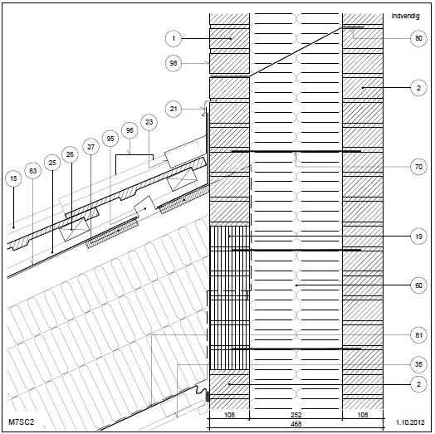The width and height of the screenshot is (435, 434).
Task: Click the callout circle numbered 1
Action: tap(174, 38)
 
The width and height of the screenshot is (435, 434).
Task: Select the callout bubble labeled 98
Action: tap(174, 63)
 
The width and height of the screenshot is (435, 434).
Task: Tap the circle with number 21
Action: tap(174, 109)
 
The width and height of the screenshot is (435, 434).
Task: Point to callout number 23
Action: tap(149, 122)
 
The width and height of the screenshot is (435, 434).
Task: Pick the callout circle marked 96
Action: tap(130, 130)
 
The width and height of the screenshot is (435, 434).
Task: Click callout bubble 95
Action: tap(110, 139)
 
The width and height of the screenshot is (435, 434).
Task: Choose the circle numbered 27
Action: tap(91, 147)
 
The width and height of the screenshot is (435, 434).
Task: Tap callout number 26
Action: tap(70, 154)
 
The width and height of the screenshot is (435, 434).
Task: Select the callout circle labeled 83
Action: tap(32, 171)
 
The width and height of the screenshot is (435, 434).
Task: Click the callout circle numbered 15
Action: tap(13, 178)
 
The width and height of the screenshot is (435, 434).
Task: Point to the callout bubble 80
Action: tap(418, 38)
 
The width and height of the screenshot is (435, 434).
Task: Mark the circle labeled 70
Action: tap(418, 167)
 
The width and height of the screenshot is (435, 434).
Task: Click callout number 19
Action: tap(418, 237)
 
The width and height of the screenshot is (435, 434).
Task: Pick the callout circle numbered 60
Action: tap(418, 285)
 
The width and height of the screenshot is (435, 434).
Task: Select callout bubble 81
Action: tap(418, 335)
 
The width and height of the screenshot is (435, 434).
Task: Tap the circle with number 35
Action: tap(418, 364)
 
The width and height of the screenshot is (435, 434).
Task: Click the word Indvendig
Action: tap(405, 16)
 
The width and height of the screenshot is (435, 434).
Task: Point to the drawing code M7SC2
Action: tap(22, 422)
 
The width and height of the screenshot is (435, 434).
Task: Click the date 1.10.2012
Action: tap(410, 422)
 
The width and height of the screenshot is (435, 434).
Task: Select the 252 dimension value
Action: tap(296, 415)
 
